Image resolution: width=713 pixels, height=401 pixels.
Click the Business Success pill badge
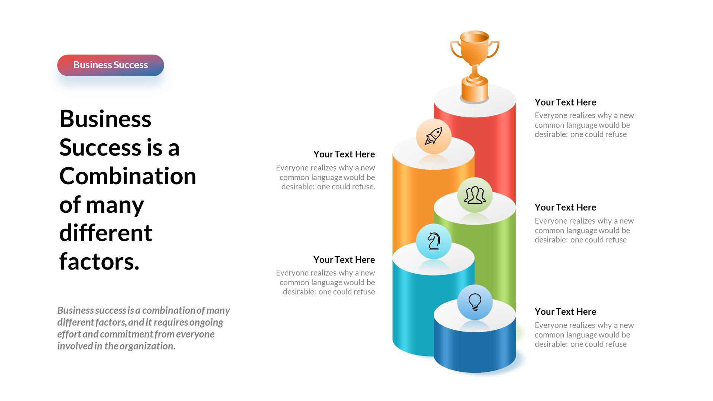110,65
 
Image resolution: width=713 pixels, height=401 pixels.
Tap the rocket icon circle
433,136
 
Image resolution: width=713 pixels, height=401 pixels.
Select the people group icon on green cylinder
475,195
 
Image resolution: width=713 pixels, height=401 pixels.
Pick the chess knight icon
433,241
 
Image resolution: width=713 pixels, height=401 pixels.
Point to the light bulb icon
475,302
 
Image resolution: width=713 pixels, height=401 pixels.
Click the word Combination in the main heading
128,176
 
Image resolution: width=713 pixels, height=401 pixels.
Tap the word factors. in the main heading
99,261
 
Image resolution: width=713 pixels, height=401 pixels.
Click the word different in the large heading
106,233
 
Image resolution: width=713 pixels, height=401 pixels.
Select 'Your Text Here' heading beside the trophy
565,102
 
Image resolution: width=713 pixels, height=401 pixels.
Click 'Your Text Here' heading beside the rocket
344,154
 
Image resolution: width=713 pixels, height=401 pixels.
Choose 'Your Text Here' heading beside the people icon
565,208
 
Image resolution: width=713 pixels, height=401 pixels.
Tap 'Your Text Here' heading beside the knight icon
344,260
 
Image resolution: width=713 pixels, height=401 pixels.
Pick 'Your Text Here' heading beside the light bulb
565,312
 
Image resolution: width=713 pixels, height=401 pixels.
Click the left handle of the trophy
455,50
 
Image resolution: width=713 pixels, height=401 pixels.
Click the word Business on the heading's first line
105,119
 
